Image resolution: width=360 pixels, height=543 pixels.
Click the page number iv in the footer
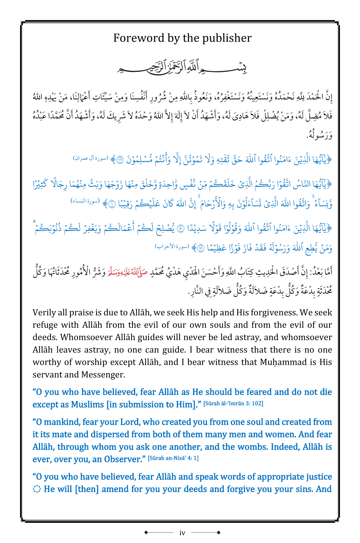182,533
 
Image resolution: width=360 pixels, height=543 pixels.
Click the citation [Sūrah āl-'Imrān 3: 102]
233,403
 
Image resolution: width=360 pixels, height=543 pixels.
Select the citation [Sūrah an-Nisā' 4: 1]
173,458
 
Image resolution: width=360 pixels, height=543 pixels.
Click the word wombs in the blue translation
250,447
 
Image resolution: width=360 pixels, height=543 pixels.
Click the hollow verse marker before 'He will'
36,489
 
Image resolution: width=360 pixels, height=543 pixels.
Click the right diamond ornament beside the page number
219,532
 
